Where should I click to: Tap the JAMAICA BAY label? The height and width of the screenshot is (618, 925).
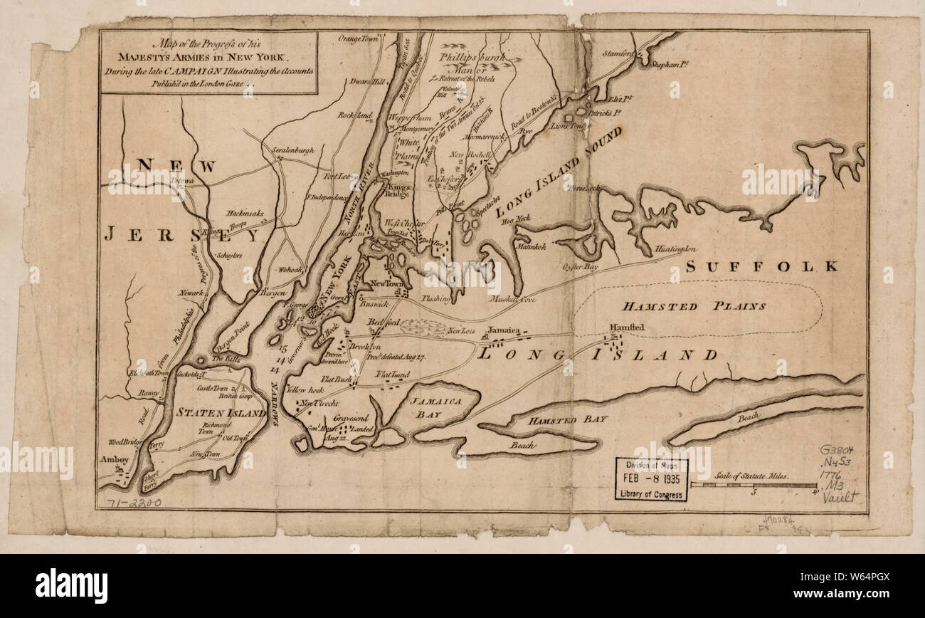[x=436, y=407]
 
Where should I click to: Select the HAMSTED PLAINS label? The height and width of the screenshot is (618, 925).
[x=694, y=306]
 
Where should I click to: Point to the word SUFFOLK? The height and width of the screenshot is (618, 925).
[x=762, y=267]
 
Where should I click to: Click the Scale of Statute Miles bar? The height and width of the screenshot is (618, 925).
[x=753, y=485]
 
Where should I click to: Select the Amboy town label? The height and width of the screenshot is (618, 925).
[x=113, y=459]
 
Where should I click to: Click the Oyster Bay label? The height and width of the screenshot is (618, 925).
[x=581, y=267]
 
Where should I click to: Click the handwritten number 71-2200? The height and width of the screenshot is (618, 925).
[x=133, y=503]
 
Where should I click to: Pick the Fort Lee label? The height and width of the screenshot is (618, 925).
[x=338, y=177]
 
